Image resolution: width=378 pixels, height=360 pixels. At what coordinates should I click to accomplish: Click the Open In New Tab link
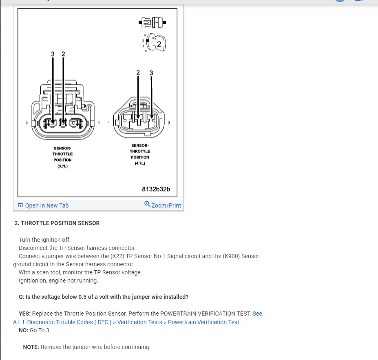click(x=46, y=205)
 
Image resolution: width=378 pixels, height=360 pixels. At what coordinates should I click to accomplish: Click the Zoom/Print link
click(x=166, y=205)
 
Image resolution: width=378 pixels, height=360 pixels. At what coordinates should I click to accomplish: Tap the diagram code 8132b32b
click(x=156, y=189)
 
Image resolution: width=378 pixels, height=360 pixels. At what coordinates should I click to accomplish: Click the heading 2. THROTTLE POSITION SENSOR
click(x=57, y=223)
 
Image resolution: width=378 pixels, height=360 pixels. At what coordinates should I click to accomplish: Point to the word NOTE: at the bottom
click(x=31, y=347)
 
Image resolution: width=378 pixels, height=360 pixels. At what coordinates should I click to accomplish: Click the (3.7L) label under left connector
click(x=62, y=166)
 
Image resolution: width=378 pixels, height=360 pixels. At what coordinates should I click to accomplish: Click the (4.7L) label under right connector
click(x=140, y=163)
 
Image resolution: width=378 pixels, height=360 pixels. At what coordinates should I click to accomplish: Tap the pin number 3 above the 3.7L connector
click(x=53, y=54)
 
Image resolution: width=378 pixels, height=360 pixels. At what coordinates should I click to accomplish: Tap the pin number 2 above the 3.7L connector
click(x=63, y=54)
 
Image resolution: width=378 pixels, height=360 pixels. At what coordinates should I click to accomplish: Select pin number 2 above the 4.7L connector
click(x=138, y=73)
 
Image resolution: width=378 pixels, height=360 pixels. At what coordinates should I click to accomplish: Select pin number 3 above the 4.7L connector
click(x=151, y=73)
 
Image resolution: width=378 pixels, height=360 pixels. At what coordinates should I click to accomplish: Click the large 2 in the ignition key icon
click(x=159, y=44)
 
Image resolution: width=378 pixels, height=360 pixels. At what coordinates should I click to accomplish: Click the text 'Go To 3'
click(x=40, y=330)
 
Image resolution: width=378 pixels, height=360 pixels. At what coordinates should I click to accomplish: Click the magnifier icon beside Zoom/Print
click(x=147, y=204)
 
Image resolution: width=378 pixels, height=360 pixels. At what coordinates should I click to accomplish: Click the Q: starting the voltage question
click(x=22, y=297)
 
